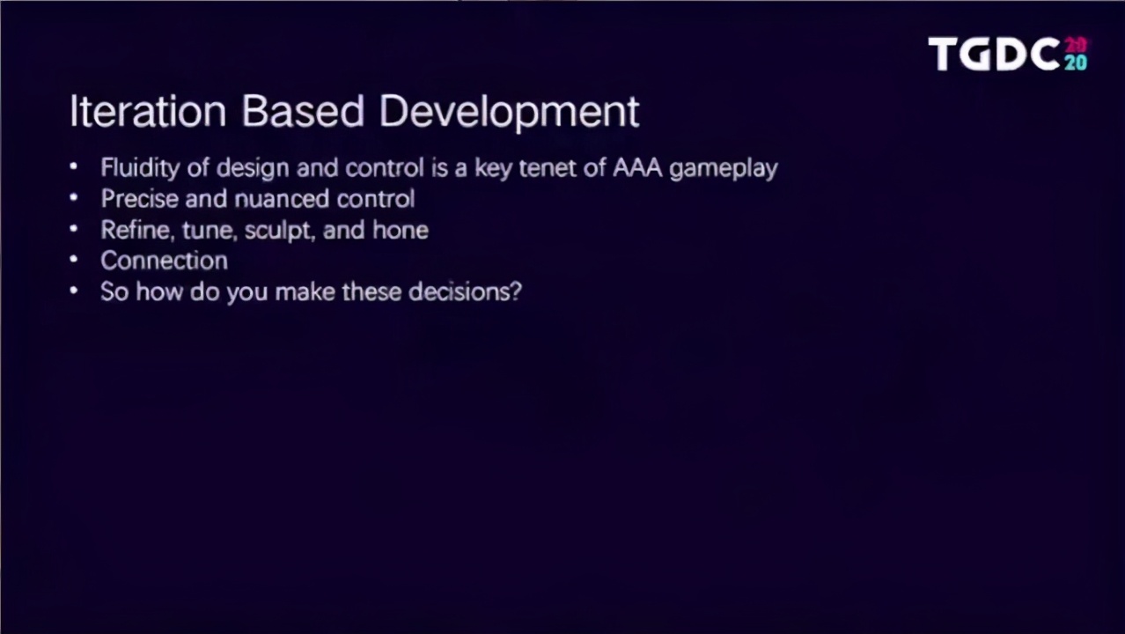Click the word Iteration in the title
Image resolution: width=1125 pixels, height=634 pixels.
pyautogui.click(x=147, y=112)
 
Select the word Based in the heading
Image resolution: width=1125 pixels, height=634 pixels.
pyautogui.click(x=302, y=112)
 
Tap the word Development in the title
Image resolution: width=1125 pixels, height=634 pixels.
pyautogui.click(x=509, y=112)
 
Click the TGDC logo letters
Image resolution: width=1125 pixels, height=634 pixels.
pyautogui.click(x=995, y=55)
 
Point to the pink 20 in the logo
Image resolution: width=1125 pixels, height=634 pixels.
pyautogui.click(x=1076, y=45)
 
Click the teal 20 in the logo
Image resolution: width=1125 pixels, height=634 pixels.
pyautogui.click(x=1076, y=63)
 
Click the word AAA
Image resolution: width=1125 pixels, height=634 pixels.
pyautogui.click(x=636, y=168)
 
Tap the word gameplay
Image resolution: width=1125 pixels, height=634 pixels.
pyautogui.click(x=723, y=168)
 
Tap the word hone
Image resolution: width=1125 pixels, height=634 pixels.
pyautogui.click(x=401, y=230)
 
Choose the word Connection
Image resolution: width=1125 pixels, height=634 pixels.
pyautogui.click(x=164, y=261)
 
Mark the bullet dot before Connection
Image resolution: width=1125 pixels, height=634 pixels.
pyautogui.click(x=74, y=261)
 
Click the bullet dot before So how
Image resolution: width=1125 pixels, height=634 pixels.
pyautogui.click(x=74, y=291)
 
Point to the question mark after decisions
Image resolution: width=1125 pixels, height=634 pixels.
pyautogui.click(x=516, y=291)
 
